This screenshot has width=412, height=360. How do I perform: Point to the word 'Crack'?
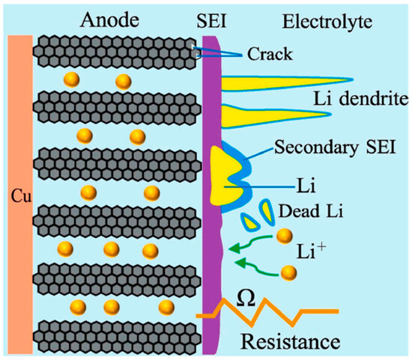[x=270, y=54]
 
